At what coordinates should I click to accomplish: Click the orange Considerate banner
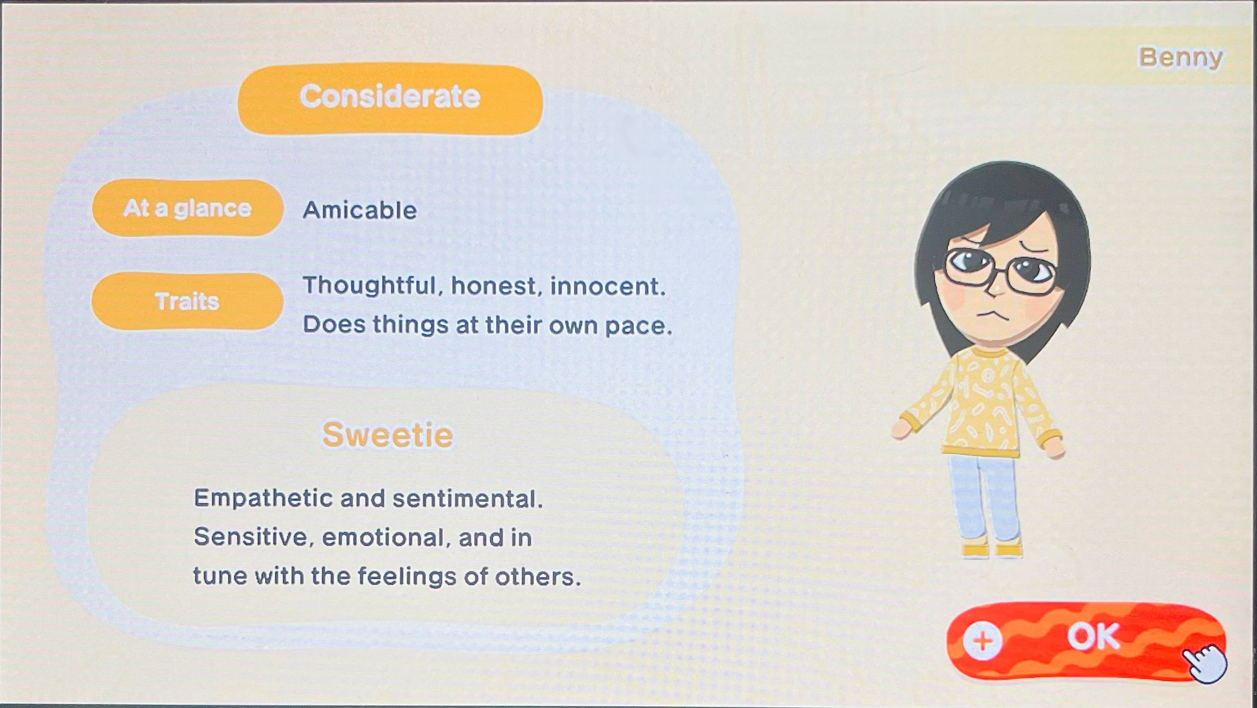coord(390,99)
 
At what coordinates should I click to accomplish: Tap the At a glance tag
coord(187,208)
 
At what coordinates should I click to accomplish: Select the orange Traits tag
coord(187,301)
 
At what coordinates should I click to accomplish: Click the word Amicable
coord(360,210)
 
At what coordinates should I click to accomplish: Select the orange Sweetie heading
coord(388,435)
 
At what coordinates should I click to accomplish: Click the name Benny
coord(1180,58)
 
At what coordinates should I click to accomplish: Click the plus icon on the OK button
coord(982,640)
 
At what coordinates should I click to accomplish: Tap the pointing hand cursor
coord(1205,663)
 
